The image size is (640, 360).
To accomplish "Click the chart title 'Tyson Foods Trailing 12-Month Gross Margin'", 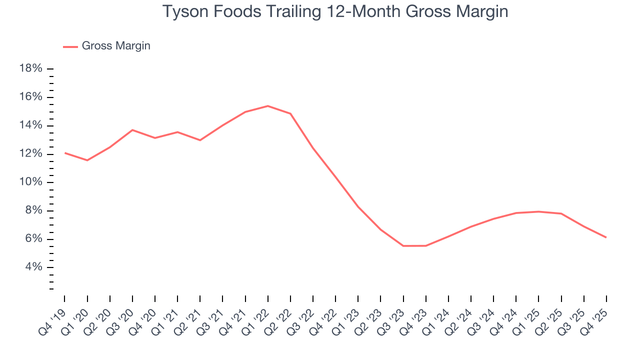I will (335, 11).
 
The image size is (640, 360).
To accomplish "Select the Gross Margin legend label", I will (116, 46).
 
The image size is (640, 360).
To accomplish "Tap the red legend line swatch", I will (70, 46).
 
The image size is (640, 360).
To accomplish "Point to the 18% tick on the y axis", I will (30, 68).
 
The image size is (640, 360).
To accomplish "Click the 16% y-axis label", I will (30, 97).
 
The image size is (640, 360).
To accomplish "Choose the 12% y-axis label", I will (30, 153).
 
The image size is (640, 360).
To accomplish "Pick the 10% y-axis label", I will (30, 182).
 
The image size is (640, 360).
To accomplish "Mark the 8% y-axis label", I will (33, 210).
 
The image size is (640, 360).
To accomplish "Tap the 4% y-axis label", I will (33, 267).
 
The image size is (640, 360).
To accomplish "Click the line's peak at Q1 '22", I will (268, 106).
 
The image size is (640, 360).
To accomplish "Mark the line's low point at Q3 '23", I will (403, 246).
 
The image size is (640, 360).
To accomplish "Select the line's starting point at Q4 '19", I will (65, 153).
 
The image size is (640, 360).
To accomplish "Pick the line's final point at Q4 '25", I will (606, 237).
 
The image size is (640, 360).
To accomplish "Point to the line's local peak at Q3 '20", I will (132, 130).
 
